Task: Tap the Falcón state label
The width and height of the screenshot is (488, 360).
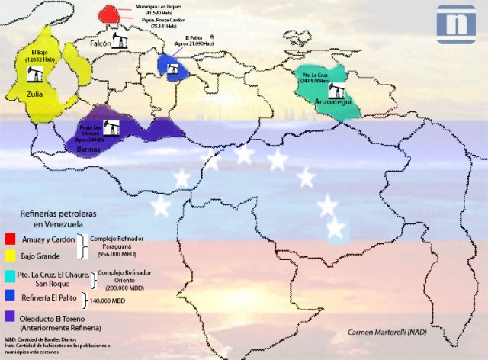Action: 101,44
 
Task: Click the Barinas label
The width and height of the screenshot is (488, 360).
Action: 90,149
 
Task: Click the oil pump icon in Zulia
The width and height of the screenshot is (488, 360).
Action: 34,74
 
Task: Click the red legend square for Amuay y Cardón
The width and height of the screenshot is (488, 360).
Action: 10,238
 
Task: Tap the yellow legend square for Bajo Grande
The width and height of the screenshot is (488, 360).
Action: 10,257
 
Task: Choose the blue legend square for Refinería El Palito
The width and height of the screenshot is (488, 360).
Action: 10,295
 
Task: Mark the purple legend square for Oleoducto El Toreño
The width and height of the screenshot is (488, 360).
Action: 10,314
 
